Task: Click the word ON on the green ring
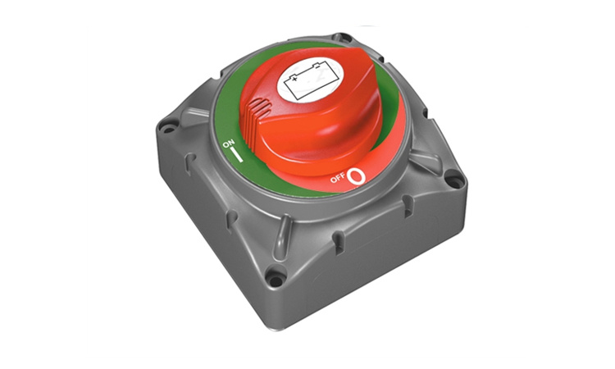[228, 143]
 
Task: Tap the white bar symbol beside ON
[237, 154]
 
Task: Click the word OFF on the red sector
[338, 178]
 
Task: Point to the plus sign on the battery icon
[294, 79]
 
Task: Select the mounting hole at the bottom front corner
[276, 280]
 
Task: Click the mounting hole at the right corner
[455, 181]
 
